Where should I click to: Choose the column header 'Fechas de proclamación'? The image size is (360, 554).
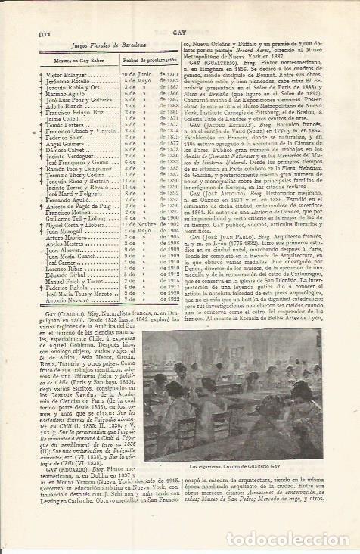pos(144,64)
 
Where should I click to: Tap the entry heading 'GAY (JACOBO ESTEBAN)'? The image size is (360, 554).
pos(223,141)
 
